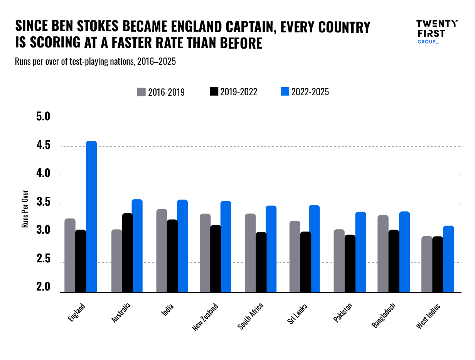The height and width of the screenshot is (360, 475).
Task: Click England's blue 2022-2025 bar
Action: [x=91, y=216]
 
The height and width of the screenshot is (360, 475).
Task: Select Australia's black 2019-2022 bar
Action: [x=128, y=253]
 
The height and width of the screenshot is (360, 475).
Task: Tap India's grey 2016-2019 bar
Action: [x=162, y=251]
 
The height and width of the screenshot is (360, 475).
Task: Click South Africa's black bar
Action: [x=261, y=262]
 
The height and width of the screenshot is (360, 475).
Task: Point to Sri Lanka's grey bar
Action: [x=295, y=257]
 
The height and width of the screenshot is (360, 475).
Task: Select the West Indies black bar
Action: [x=438, y=264]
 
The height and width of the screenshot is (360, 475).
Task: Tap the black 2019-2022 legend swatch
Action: [x=214, y=92]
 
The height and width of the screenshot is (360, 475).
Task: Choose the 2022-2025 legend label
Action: [x=310, y=92]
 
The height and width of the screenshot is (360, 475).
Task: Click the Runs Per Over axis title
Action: [x=25, y=208]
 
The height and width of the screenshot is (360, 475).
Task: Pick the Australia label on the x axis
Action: [x=121, y=313]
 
